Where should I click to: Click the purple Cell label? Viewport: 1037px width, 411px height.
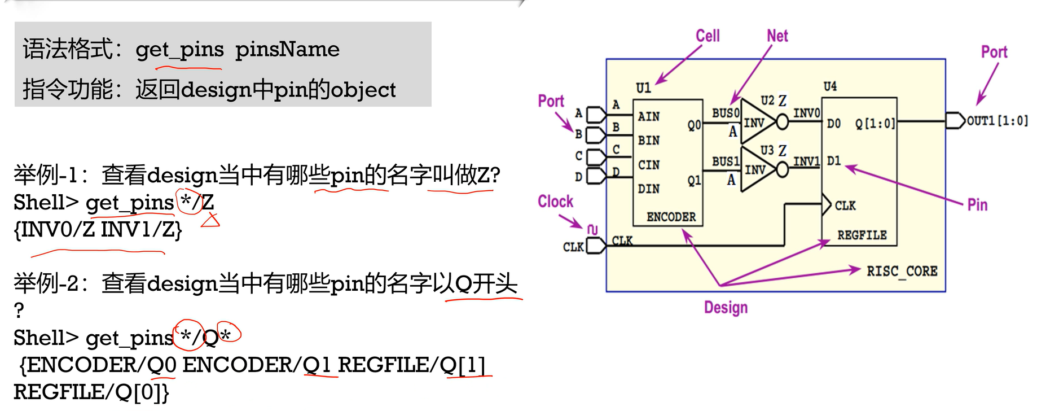(x=708, y=36)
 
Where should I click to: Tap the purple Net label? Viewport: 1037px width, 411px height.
(x=777, y=36)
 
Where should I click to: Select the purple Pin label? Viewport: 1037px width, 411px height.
(x=977, y=205)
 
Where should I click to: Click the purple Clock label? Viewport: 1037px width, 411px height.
(x=555, y=202)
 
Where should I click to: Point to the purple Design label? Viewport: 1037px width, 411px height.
(x=726, y=308)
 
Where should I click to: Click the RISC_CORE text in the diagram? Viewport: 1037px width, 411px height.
(x=902, y=272)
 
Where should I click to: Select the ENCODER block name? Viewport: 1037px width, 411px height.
(x=671, y=217)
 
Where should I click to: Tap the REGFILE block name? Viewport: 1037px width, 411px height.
(x=862, y=235)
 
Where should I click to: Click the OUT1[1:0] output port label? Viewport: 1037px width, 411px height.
(x=997, y=121)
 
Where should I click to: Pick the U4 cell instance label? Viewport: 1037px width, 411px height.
(x=830, y=86)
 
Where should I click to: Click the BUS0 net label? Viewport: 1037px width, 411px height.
(x=725, y=113)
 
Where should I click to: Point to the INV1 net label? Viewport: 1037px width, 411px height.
(x=806, y=161)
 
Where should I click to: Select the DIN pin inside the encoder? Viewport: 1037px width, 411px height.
(x=649, y=189)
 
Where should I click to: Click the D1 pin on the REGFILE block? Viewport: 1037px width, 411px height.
(x=834, y=161)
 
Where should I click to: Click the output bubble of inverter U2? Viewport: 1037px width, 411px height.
(x=783, y=121)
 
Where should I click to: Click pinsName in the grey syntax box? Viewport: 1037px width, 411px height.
(x=287, y=50)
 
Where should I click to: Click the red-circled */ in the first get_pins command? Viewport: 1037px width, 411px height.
(x=190, y=202)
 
